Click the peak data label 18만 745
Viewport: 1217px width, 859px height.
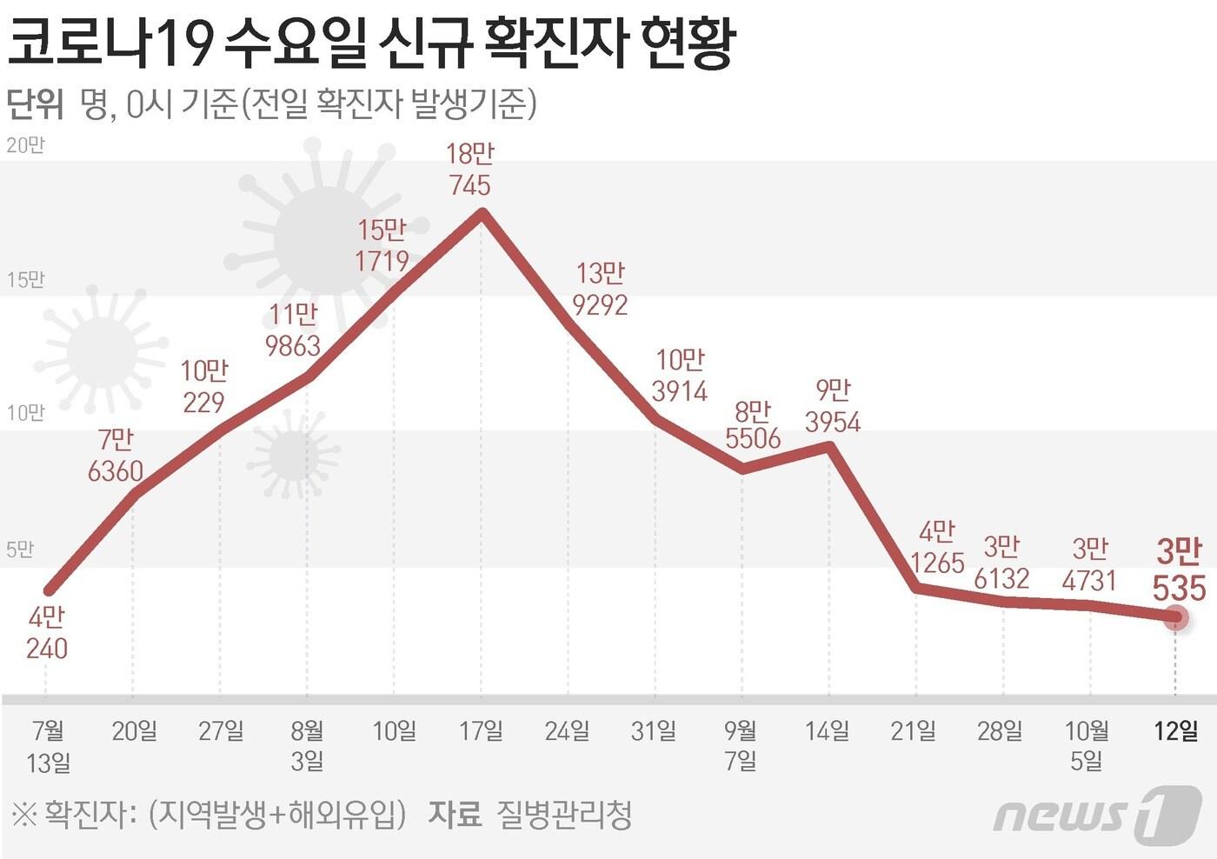point(470,170)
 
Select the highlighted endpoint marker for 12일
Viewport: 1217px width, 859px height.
point(1176,618)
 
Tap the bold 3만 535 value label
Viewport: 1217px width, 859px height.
point(1179,570)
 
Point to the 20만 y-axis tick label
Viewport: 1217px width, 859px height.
point(25,145)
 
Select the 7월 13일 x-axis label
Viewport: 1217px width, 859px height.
point(48,746)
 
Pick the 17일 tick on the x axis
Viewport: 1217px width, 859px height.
point(481,730)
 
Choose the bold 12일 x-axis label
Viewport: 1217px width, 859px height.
point(1175,730)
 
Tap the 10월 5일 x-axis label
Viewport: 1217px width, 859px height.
point(1087,746)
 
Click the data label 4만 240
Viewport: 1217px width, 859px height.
point(47,633)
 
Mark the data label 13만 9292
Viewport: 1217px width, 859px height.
point(600,290)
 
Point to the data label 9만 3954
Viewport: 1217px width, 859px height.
point(833,406)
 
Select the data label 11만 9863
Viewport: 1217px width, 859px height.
point(293,330)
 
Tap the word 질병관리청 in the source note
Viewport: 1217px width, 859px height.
point(563,815)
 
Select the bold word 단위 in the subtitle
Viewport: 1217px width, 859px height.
point(35,104)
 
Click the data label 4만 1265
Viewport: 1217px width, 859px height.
point(937,548)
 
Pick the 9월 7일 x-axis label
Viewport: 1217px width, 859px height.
point(741,746)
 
